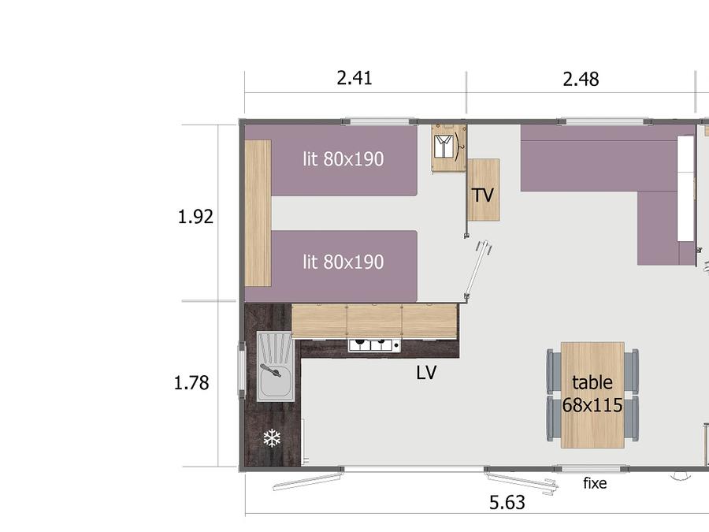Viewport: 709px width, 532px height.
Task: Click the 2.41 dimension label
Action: click(354, 78)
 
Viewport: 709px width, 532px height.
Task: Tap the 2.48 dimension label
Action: click(581, 79)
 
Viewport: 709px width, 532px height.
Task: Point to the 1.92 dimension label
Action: click(195, 217)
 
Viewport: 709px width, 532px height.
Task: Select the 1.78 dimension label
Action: click(191, 383)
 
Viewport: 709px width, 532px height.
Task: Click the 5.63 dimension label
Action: click(507, 503)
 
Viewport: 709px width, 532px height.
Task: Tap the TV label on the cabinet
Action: click(483, 195)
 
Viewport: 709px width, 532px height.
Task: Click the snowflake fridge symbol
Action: click(272, 438)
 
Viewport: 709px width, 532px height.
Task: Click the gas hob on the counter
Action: click(374, 345)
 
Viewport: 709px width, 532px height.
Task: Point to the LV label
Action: click(426, 373)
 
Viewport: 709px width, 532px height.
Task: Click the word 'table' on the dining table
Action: click(592, 382)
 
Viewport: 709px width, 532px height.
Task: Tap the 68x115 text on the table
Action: click(592, 405)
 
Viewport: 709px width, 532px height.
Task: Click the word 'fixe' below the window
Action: click(595, 483)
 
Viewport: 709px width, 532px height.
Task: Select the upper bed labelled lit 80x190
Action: click(344, 161)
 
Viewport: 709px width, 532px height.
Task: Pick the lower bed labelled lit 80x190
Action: click(344, 266)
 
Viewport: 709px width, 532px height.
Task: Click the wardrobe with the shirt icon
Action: click(448, 148)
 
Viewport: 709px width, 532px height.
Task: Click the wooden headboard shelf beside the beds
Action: click(258, 213)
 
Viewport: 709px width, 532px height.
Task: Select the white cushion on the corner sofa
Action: click(685, 188)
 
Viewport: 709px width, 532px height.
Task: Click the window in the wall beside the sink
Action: click(242, 370)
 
